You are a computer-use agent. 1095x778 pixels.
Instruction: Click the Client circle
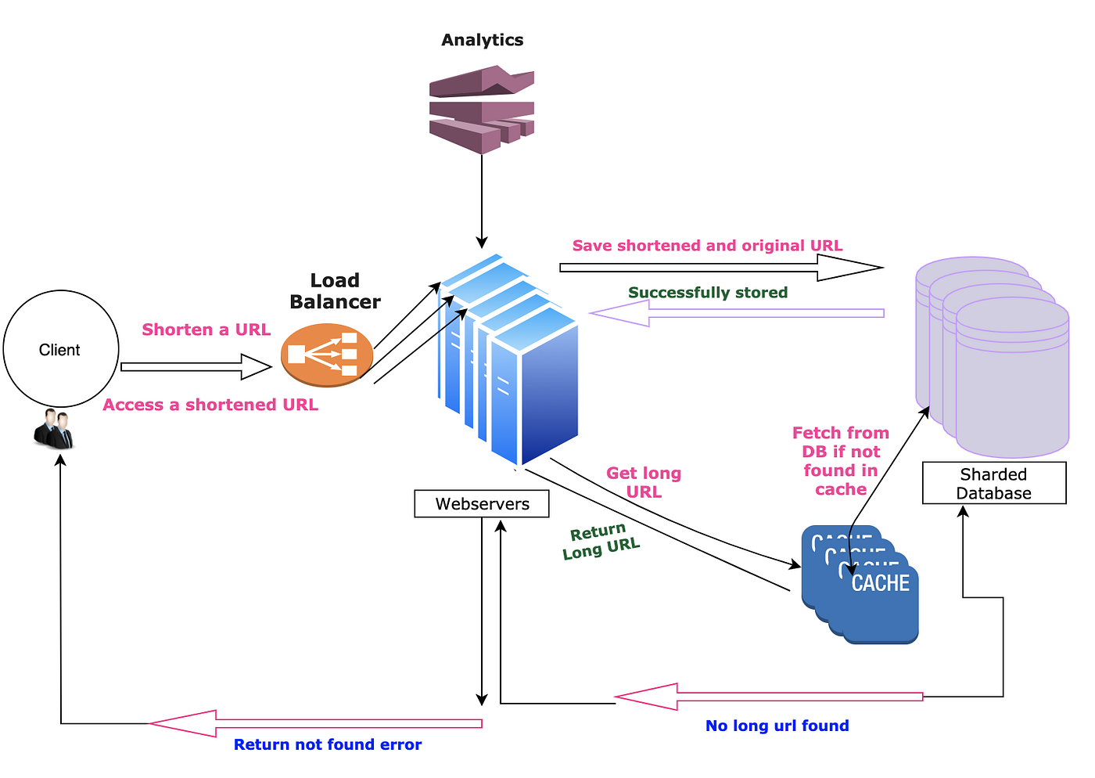point(61,349)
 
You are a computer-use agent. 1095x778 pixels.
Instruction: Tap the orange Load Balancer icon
point(327,355)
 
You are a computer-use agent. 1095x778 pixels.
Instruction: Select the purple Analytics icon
point(481,109)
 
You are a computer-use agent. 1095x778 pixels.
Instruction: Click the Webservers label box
point(482,504)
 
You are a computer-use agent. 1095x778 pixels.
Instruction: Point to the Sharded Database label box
point(993,483)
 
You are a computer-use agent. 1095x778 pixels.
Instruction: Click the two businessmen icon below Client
point(54,429)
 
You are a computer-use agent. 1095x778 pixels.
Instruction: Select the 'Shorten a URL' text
point(206,330)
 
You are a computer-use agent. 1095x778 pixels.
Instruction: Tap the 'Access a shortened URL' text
point(210,405)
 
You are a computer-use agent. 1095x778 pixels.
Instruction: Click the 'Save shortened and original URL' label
point(707,246)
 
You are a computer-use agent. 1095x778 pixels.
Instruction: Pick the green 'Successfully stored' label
point(707,293)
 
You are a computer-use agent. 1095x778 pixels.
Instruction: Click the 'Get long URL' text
point(644,482)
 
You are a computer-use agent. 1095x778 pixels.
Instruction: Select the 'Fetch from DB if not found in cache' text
point(840,461)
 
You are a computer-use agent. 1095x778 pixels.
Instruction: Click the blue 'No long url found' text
point(777,726)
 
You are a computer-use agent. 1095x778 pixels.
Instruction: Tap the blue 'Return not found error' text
point(327,744)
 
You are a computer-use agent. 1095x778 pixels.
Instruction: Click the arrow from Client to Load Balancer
point(196,366)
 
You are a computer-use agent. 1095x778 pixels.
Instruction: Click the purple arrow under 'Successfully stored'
point(735,313)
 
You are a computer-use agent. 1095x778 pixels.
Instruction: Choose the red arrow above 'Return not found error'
point(313,723)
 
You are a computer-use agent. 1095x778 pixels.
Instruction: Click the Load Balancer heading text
point(335,291)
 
